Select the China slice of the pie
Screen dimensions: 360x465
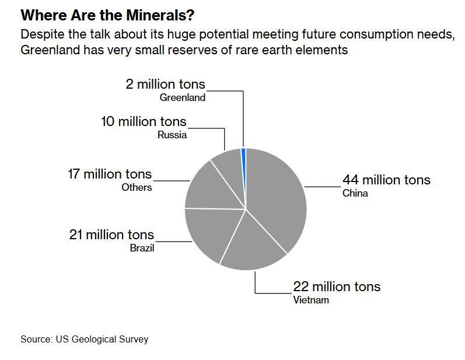click(x=277, y=198)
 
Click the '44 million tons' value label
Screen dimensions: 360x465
click(x=386, y=180)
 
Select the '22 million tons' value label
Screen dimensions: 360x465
click(x=337, y=286)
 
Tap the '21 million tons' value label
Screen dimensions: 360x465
click(x=111, y=235)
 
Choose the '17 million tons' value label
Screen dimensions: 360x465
click(x=110, y=174)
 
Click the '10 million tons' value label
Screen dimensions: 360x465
click(x=144, y=121)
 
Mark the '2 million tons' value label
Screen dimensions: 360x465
click(x=165, y=84)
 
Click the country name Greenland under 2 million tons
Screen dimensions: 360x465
click(x=183, y=97)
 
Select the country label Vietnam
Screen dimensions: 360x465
click(x=311, y=300)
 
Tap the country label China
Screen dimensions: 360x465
click(x=355, y=193)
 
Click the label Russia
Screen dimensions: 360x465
click(x=172, y=135)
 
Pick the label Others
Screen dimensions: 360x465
click(x=137, y=187)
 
